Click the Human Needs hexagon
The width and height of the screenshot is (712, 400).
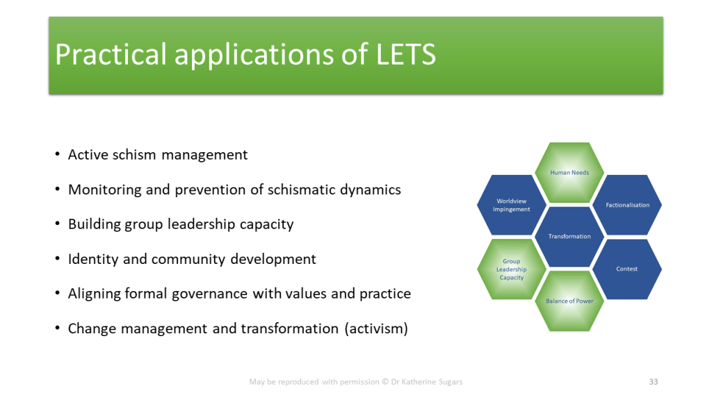point(569,172)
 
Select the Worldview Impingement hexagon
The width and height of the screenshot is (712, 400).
point(511,205)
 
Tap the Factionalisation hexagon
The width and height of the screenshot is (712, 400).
point(627,205)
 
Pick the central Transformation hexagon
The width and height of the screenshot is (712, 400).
point(569,236)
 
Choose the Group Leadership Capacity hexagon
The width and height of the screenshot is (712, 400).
point(511,269)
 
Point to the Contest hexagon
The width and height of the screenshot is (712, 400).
point(627,269)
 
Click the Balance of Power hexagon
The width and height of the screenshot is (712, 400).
point(569,301)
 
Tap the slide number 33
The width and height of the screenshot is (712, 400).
point(654,382)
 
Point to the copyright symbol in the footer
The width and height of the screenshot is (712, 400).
point(385,382)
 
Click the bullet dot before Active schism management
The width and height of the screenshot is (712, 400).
point(57,155)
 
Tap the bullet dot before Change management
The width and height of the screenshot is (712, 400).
point(57,328)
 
